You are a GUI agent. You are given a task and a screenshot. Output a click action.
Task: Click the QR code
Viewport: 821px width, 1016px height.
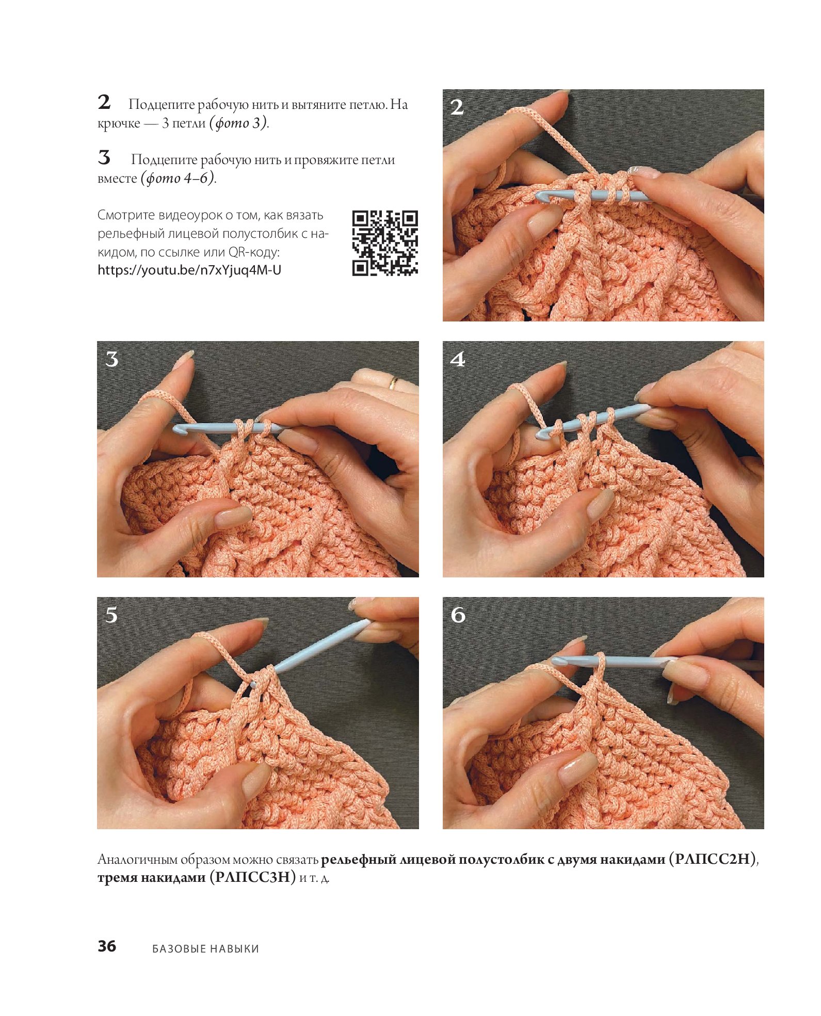pos(385,243)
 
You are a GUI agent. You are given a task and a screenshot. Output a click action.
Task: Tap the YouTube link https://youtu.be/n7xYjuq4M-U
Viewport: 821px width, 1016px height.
pos(189,270)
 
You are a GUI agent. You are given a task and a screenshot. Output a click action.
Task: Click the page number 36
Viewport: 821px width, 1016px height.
pos(107,946)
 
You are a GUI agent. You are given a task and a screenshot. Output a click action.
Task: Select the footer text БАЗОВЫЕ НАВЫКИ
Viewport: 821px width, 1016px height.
pos(205,948)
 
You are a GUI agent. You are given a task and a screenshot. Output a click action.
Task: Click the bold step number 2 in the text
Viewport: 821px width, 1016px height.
pos(104,102)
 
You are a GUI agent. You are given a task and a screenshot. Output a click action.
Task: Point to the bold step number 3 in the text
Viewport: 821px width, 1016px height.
pos(104,157)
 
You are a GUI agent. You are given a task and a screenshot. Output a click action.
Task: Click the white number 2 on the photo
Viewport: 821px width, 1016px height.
pos(457,107)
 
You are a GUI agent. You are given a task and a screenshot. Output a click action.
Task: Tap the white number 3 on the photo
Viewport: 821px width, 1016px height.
pos(112,359)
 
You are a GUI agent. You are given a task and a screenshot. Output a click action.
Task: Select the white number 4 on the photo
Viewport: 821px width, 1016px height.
pos(458,359)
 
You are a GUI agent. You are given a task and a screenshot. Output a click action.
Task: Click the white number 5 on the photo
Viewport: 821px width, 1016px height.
pos(111,615)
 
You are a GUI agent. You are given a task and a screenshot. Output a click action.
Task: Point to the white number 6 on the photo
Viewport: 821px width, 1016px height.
pos(458,615)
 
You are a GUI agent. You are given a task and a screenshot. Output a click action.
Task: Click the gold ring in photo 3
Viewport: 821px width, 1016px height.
pos(393,383)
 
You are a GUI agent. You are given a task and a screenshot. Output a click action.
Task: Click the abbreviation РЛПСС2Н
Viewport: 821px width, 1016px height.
pos(712,859)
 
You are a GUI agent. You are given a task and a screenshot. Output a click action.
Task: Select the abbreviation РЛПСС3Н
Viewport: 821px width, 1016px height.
pos(253,877)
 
